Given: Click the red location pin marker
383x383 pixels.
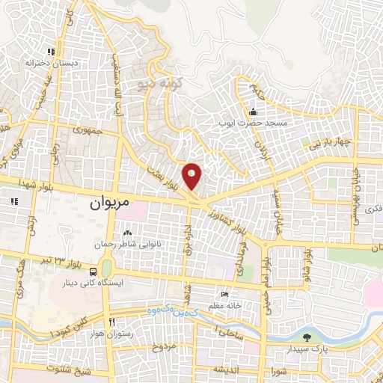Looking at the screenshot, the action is [193, 177].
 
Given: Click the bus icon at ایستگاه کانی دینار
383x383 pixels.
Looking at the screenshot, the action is [92, 272].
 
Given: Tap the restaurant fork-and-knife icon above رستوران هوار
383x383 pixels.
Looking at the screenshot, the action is [111, 322].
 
